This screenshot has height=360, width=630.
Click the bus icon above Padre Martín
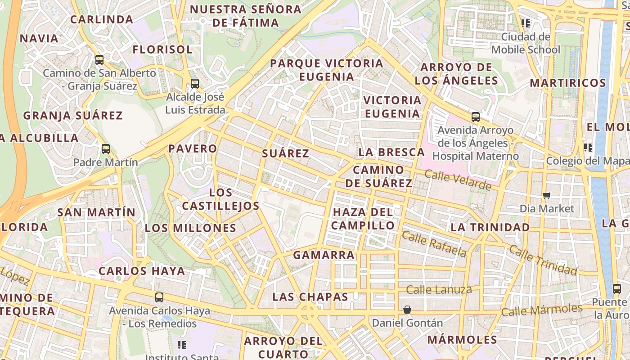point(106,149)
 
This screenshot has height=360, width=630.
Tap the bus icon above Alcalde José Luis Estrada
point(195,83)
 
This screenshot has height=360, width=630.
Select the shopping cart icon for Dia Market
point(547,195)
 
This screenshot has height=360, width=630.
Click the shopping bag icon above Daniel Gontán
point(407,310)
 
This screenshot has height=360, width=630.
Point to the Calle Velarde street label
point(458,180)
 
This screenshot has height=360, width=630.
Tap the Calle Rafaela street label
point(434,243)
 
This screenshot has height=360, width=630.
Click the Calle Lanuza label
point(439,289)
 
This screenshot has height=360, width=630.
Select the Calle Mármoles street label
point(542,310)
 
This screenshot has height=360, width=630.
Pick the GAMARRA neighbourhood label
point(324,255)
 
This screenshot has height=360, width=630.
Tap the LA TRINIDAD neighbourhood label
point(490,227)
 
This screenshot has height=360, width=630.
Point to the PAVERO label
point(193,148)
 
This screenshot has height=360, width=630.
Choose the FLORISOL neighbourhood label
point(162,49)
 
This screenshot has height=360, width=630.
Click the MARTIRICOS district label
point(568,83)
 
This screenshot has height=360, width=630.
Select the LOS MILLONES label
point(190,228)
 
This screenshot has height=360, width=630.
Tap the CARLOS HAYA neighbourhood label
point(142,271)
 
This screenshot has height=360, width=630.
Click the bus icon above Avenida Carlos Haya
point(159,297)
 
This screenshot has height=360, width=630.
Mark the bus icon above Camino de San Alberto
point(99,59)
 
